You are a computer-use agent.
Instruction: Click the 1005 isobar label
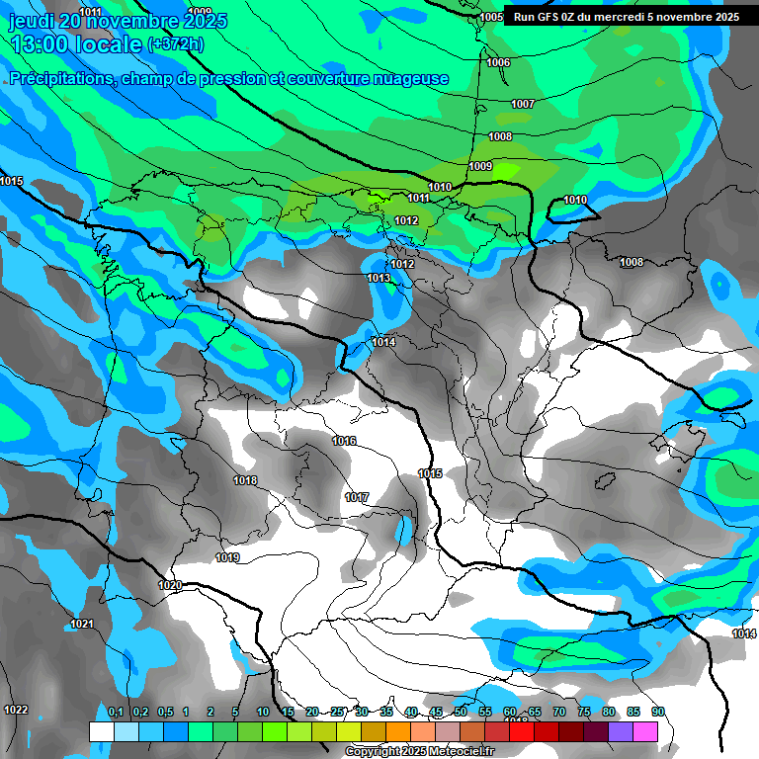pos(491,18)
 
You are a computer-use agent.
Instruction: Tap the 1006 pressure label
pos(498,62)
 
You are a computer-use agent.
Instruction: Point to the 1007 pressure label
pos(523,104)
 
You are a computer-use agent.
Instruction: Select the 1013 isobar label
pos(379,279)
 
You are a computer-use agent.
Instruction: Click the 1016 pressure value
pos(344,441)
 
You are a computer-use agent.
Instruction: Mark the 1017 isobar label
pos(357,497)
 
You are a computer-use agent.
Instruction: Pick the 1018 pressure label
pos(245,481)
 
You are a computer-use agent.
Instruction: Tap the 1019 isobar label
pos(227,557)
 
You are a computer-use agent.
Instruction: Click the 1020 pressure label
pos(170,585)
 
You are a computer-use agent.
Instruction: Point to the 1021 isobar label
pos(81,624)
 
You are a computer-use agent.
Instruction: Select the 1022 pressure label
pos(16,710)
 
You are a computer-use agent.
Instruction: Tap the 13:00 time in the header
pos(39,44)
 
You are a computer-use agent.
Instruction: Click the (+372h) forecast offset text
pos(176,44)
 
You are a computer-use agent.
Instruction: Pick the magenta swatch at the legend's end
pos(645,731)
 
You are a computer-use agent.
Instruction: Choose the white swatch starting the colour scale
pos(101,731)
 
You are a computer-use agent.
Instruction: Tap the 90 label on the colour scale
pos(657,712)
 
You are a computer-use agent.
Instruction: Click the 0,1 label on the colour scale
pos(115,712)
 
